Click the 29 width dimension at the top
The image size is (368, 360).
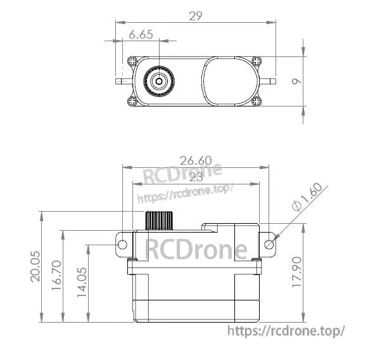pos(195,16)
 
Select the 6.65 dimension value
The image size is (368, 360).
pos(141,35)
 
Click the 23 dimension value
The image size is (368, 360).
pos(196,177)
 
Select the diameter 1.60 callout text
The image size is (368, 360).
pos(308,198)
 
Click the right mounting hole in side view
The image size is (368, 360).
pos(269,244)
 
